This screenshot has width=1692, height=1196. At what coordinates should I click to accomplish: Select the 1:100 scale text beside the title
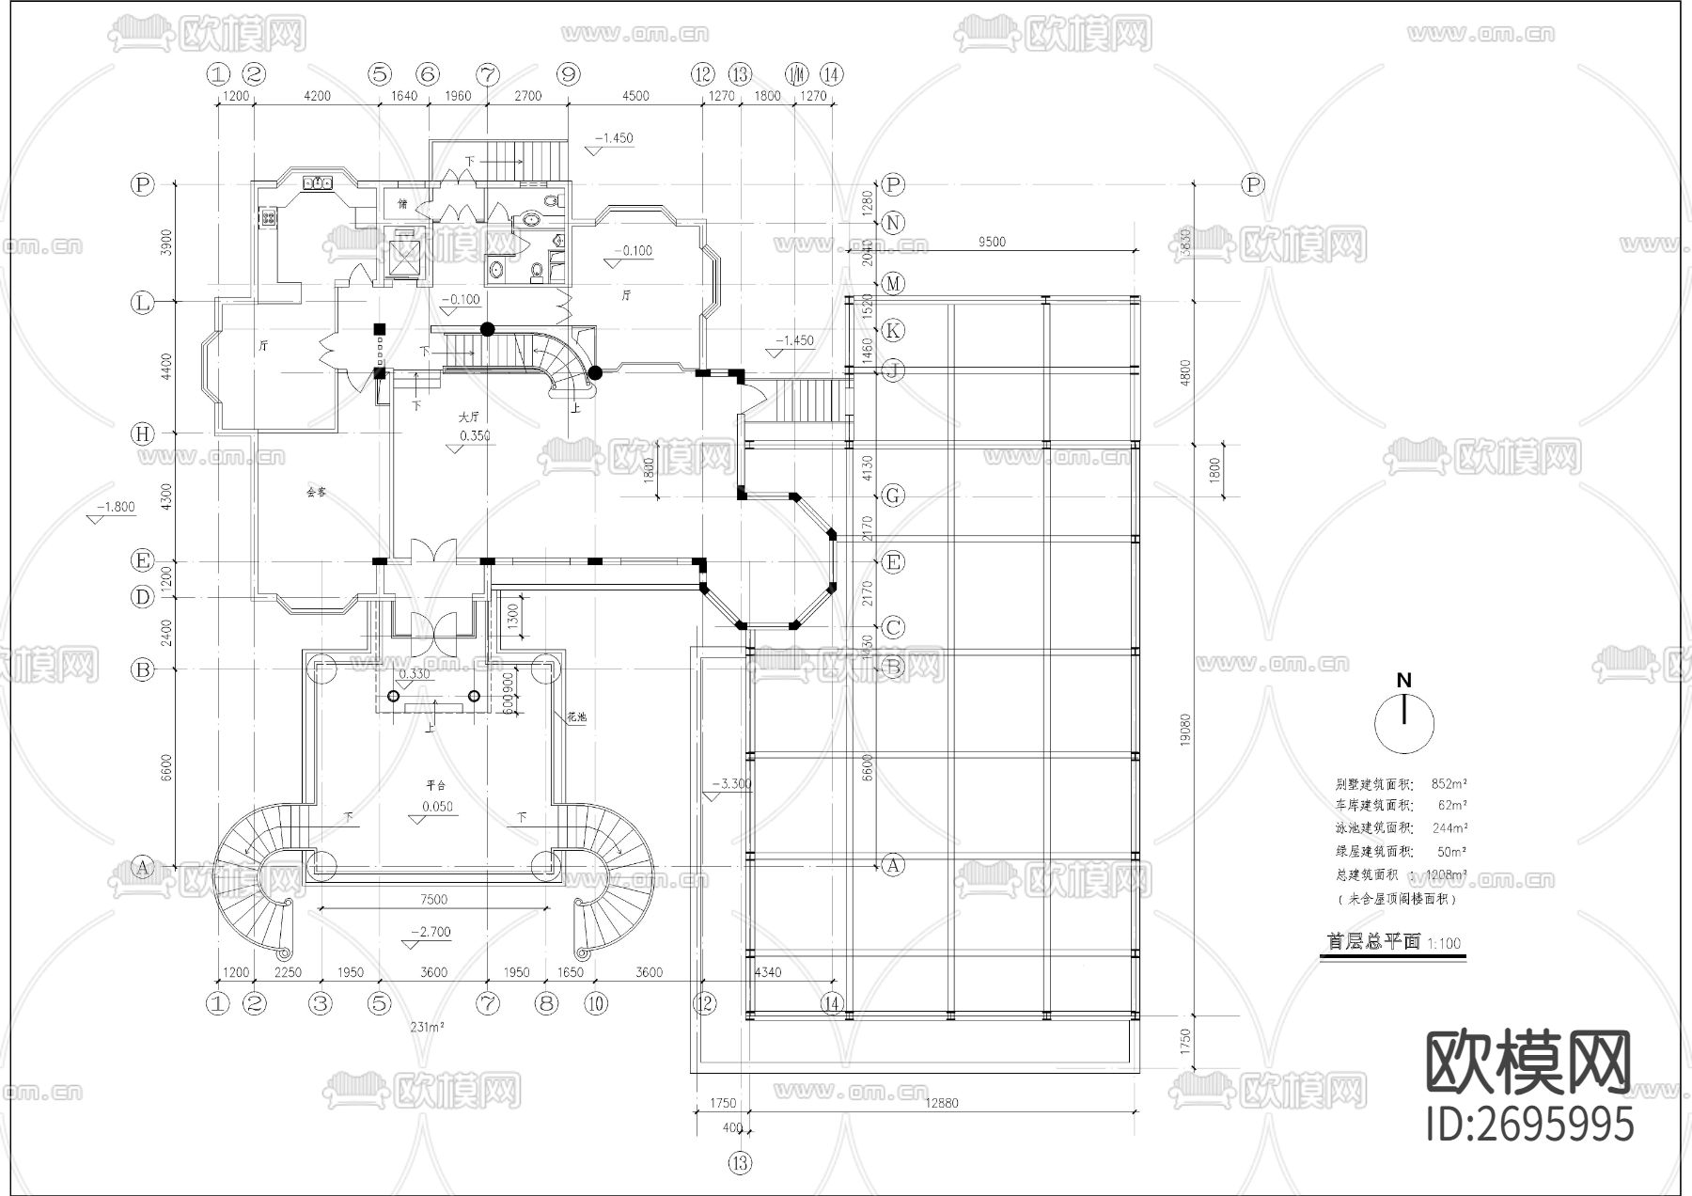[x=1445, y=943]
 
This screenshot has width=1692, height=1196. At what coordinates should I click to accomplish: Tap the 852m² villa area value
[x=1449, y=783]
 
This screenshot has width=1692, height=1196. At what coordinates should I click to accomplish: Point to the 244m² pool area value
[x=1449, y=828]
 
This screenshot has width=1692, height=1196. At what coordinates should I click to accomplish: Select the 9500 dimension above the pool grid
[x=992, y=243]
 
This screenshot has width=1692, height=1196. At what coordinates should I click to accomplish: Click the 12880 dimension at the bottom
[x=941, y=1103]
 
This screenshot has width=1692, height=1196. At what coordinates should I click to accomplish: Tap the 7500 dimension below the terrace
[x=433, y=900]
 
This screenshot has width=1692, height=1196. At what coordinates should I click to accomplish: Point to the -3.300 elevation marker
[x=732, y=784]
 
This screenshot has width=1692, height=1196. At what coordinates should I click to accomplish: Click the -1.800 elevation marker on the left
[x=117, y=507]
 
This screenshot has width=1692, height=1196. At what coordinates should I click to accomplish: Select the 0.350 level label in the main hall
[x=474, y=436]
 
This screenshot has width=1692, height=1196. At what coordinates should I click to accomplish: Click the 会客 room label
[x=316, y=492]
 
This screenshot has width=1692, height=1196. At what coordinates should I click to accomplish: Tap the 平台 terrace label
[x=435, y=785]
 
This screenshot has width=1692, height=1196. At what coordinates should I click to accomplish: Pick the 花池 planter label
[x=576, y=716]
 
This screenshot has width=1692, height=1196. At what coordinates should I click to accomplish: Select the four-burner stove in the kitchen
[x=268, y=218]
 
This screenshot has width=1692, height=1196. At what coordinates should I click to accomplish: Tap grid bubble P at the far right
[x=1253, y=184]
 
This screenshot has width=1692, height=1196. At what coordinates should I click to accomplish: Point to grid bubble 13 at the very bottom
[x=740, y=1163]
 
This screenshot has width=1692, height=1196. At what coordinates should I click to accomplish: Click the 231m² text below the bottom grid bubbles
[x=427, y=1028]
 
